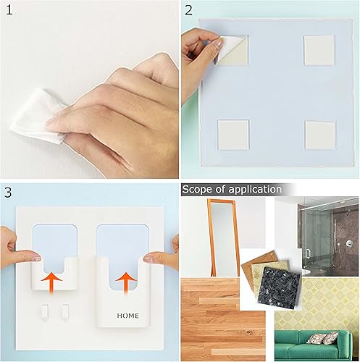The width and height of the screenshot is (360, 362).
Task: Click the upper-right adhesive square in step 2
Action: pos(319,49)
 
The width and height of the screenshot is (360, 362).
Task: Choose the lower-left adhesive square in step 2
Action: pos(233,135)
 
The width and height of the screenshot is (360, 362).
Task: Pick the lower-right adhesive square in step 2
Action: pos(319,135)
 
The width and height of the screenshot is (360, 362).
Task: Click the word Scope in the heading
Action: pos(198,190)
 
